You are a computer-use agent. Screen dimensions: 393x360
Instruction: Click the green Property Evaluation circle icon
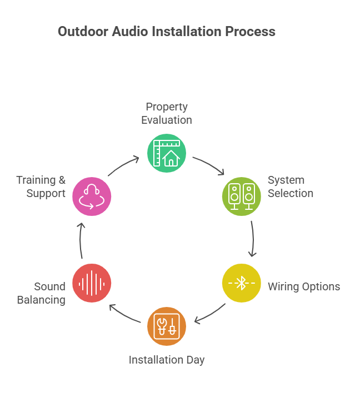point(167,153)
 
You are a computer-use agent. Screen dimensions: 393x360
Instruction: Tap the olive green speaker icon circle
point(242,196)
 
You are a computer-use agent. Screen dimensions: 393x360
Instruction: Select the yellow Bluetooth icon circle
point(242,283)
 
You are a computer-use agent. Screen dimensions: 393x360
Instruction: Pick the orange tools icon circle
point(167,326)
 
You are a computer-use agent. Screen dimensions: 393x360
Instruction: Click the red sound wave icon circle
point(92,283)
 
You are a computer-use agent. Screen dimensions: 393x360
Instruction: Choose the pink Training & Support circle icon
point(92,196)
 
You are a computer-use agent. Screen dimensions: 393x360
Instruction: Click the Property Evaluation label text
point(167,113)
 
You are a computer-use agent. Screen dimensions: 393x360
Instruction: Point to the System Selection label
point(290,187)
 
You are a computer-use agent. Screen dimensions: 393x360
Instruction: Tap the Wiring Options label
point(304,286)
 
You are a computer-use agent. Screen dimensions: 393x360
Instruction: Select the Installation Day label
point(167,360)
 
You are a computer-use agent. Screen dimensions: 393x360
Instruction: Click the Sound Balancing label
point(42,293)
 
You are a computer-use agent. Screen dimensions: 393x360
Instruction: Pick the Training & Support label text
point(41,187)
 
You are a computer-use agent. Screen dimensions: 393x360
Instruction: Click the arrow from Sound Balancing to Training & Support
point(81,240)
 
